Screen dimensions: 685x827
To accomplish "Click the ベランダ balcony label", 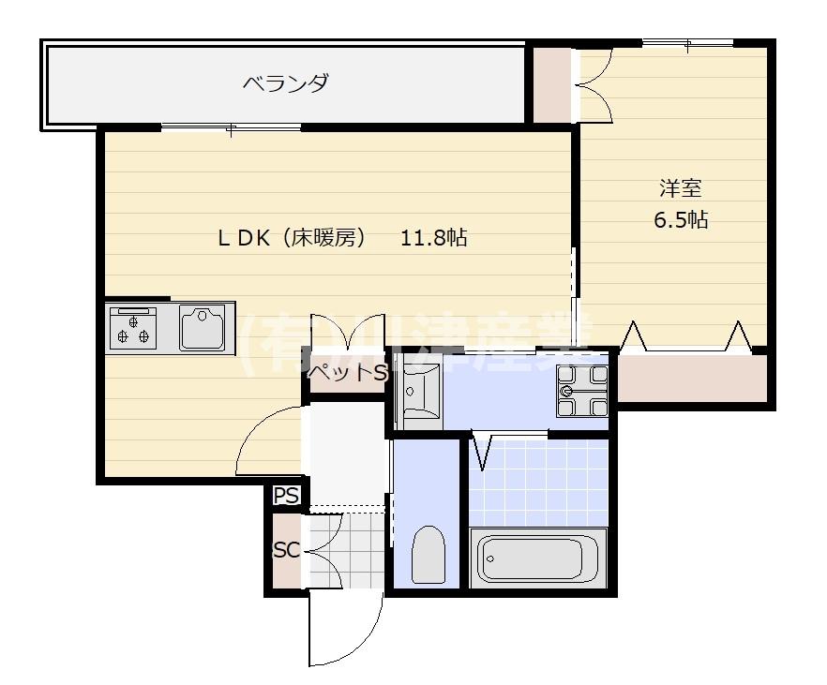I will coord(285,83).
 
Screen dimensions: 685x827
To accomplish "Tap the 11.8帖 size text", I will coord(433,237).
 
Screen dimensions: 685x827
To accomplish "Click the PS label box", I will coord(286,496).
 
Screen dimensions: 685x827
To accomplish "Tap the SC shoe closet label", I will coord(285,550).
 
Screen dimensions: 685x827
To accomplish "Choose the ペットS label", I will coord(346,373).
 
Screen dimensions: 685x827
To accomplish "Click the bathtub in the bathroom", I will coord(538,558).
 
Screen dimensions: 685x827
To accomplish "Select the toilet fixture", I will coord(428,555).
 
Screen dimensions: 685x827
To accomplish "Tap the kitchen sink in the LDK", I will coord(202,328).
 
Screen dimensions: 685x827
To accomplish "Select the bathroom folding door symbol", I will coord(485,450).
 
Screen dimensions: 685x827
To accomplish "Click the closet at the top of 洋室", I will coord(551,84).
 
